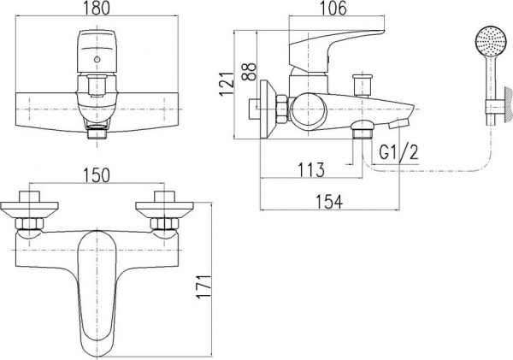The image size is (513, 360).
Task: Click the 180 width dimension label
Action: tap(97, 8)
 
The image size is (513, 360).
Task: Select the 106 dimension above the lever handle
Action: tap(336, 8)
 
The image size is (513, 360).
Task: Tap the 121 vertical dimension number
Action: tap(227, 84)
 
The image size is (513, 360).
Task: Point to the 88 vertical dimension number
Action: tap(250, 72)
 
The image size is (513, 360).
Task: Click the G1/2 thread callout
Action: tap(398, 152)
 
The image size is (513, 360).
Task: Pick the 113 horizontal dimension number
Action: tap(311, 170)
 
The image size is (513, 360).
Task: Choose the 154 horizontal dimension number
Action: tap(330, 202)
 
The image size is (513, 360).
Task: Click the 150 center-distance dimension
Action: tap(96, 175)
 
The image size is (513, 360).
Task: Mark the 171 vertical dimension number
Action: tap(203, 286)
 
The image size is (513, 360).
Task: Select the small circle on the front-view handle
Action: tap(96, 60)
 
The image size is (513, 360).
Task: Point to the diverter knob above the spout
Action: tap(363, 85)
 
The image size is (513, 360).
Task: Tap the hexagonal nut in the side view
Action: tap(281, 110)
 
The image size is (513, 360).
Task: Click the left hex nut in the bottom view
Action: tap(29, 224)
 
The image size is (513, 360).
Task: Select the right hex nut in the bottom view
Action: tap(164, 224)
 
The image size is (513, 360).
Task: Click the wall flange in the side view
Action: tap(268, 110)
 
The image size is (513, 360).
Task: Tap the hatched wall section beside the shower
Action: tap(507, 103)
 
